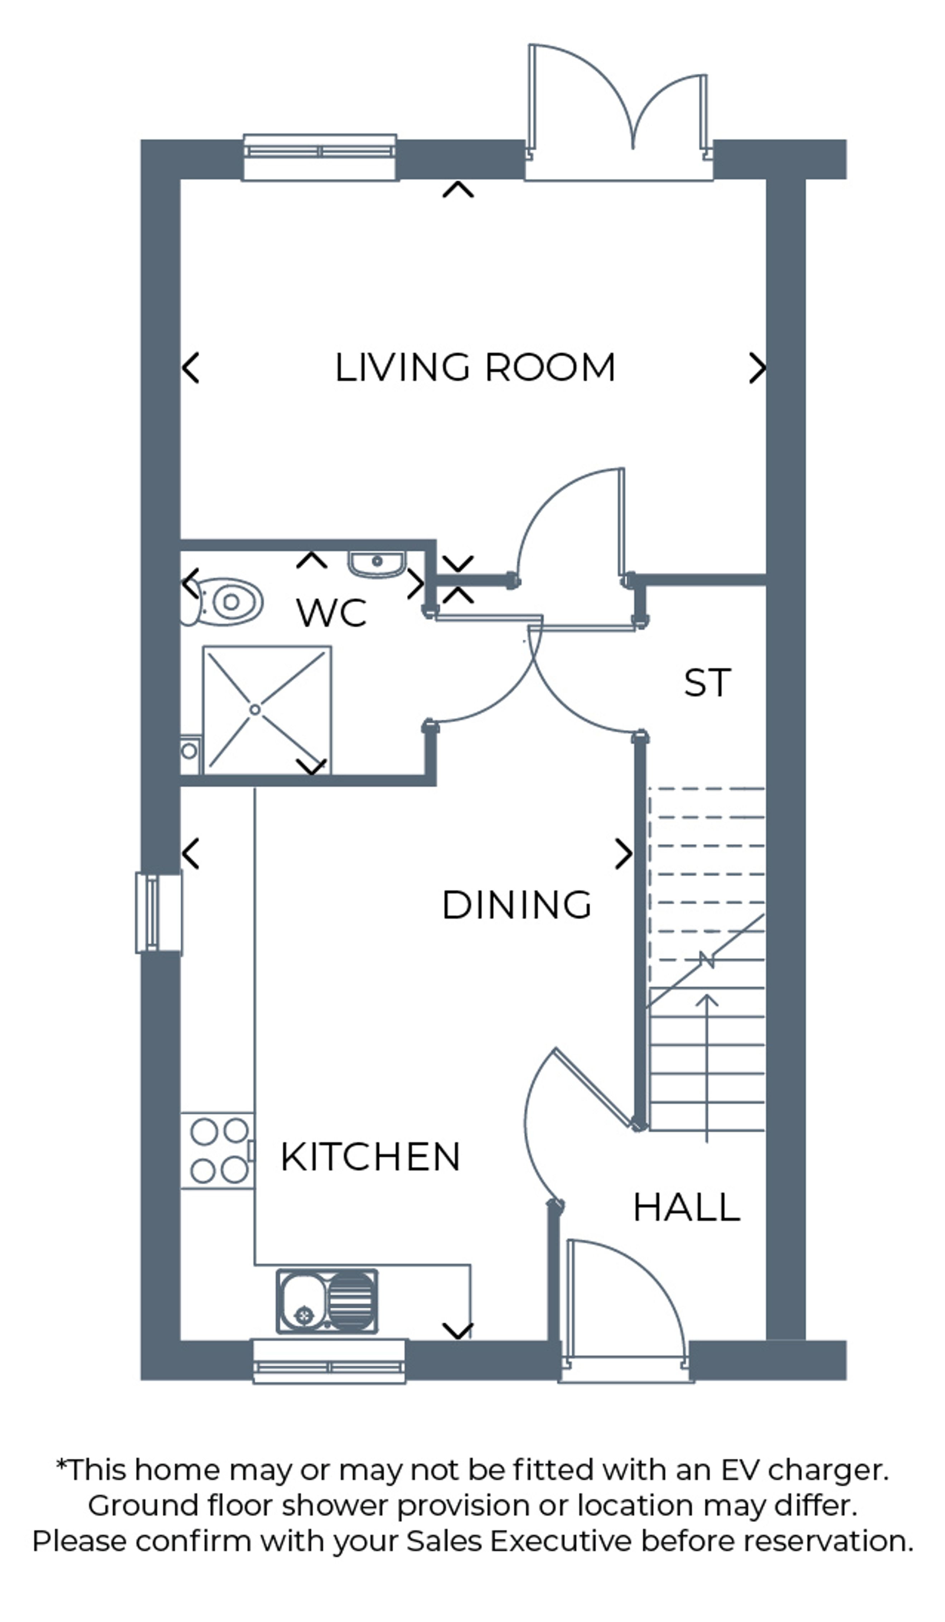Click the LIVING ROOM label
pos(475,368)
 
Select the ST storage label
pos(707,683)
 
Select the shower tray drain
pos(255,710)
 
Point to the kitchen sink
pos(327,1302)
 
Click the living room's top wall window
pos(320,157)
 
